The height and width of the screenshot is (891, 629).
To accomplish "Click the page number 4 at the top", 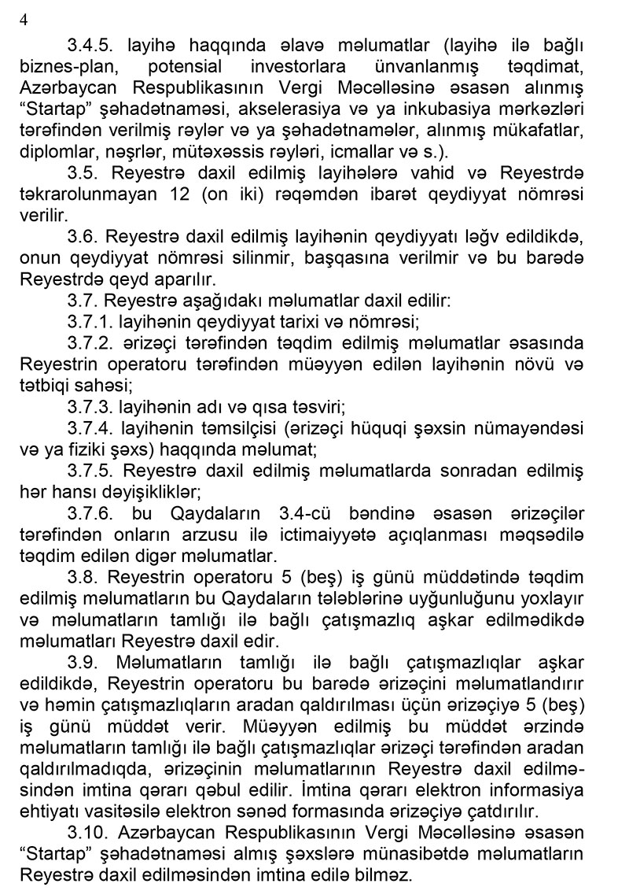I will point(23,20).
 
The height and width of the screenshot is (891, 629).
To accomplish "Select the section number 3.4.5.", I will point(90,45).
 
